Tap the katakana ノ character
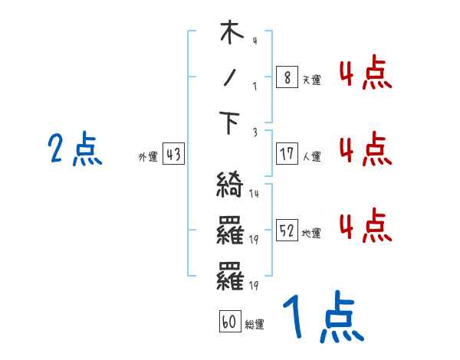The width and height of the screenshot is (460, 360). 231,78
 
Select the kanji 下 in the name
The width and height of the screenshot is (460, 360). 231,123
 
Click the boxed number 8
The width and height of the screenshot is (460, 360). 286,77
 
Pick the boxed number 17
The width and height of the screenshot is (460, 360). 286,154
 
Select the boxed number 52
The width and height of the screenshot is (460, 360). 286,231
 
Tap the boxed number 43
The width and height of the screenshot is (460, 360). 172,155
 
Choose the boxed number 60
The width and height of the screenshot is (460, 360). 229,322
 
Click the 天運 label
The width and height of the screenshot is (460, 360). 311,79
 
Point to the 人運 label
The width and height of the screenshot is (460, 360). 311,156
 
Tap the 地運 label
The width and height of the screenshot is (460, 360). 311,233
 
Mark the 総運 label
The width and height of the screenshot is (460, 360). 255,325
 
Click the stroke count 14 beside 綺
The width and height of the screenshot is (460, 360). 254,194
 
